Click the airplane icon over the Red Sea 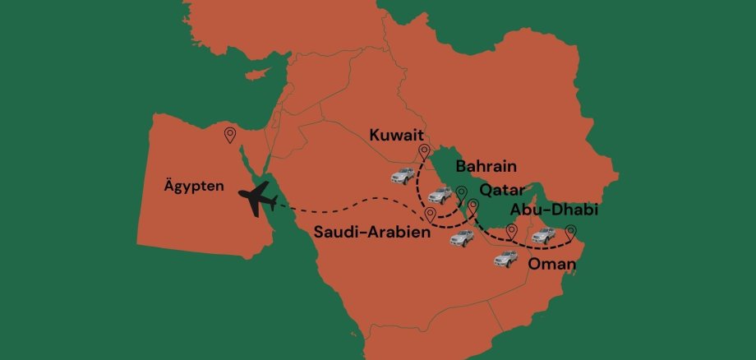tap(256, 201)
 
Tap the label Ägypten tap(194, 187)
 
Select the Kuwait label tap(396, 134)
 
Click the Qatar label tap(502, 190)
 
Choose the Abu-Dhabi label tap(553, 210)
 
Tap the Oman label tap(551, 265)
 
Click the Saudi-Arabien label tap(372, 233)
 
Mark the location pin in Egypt tap(230, 134)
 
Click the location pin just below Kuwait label tap(424, 151)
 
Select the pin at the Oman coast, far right tap(571, 233)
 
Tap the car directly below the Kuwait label tap(403, 176)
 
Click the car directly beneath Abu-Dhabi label tap(544, 236)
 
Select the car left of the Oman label tap(505, 259)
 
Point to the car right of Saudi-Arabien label tap(462, 238)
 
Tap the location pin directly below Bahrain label tap(461, 193)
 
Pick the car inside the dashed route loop tap(440, 196)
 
